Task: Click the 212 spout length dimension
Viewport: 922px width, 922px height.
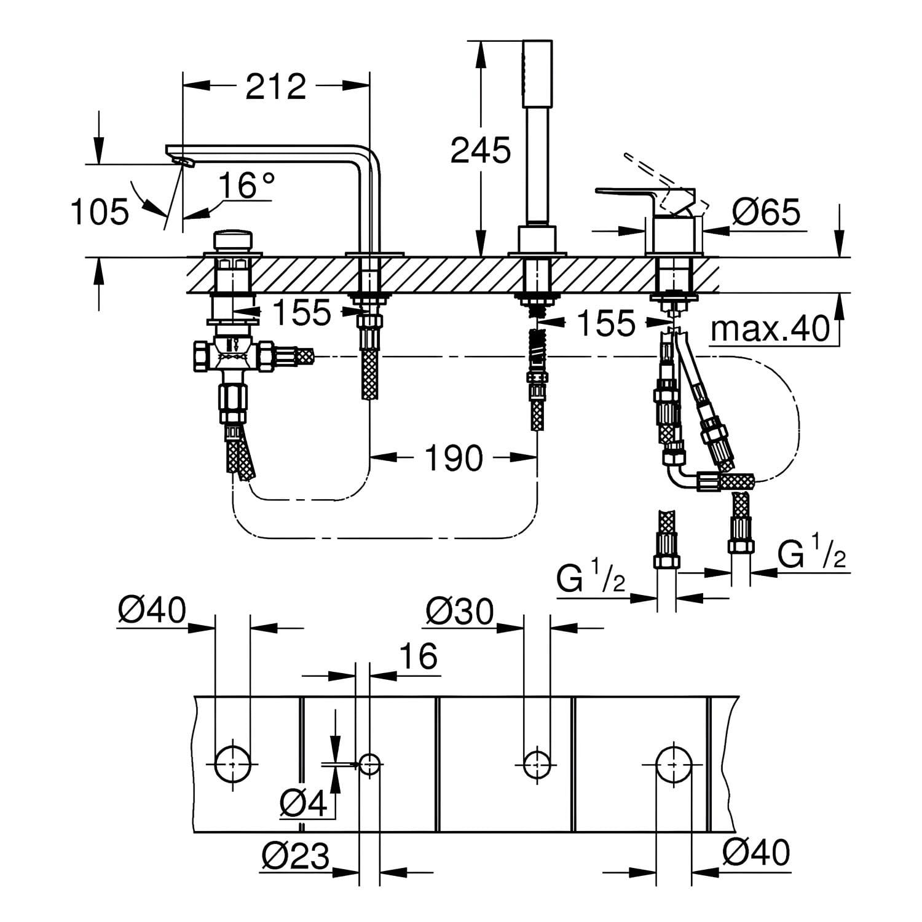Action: tap(276, 87)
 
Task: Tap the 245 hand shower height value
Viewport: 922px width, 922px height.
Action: tap(481, 151)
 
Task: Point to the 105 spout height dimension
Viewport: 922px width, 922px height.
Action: tap(100, 212)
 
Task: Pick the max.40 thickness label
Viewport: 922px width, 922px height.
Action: tap(770, 329)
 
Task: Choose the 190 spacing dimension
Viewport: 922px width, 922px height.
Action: tap(454, 458)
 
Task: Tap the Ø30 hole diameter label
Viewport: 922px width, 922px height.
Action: tap(459, 612)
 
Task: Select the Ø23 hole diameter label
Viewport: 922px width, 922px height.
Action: tap(296, 855)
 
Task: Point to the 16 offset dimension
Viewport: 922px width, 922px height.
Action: tap(420, 656)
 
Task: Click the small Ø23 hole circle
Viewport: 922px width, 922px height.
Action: tap(369, 765)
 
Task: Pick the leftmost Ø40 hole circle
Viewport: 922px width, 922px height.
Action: tap(233, 764)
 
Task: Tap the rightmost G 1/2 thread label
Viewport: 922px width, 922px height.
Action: tap(811, 557)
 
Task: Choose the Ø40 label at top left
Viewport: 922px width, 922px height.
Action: tap(152, 612)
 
